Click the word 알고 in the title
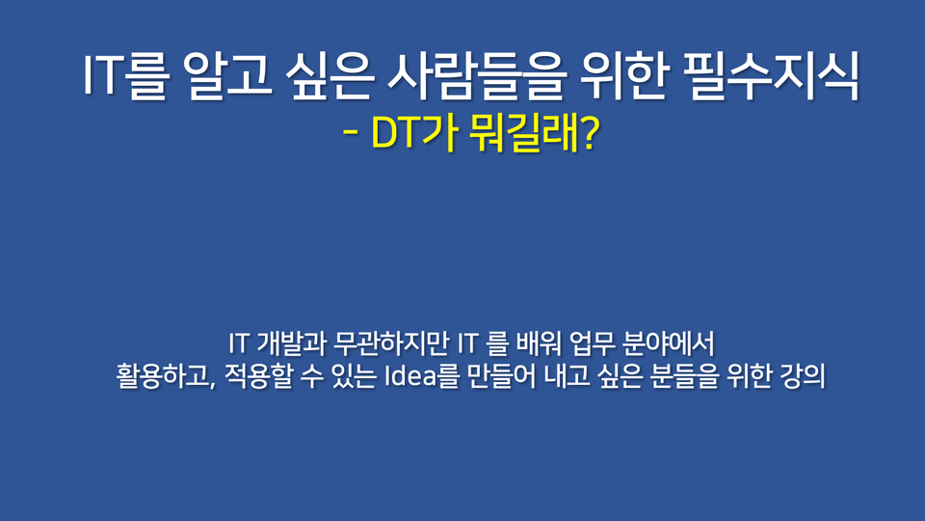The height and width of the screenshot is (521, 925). [227, 76]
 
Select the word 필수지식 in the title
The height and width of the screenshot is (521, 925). [772, 76]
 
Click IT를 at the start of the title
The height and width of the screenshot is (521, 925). [125, 76]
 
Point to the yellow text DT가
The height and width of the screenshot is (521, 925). [414, 134]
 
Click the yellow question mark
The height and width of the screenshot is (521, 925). [590, 134]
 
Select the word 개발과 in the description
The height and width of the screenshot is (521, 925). [290, 343]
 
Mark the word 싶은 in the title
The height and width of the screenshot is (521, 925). [330, 76]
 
